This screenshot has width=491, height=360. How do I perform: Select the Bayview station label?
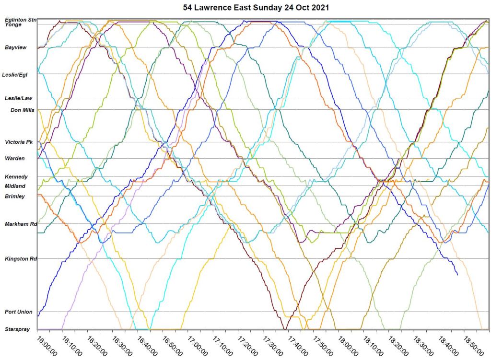16,47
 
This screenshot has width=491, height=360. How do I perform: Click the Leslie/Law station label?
18,98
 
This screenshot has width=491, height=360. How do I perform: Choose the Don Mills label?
23,110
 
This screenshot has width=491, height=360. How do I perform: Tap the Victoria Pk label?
18,142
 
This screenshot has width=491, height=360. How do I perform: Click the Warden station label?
15,158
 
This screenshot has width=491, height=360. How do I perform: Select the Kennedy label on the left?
16,177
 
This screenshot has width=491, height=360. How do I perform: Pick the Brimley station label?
15,196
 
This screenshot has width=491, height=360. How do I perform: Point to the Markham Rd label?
21,224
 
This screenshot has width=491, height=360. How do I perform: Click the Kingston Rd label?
21,259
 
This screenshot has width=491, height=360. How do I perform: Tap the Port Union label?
19,312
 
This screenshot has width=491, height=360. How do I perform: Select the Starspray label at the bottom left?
17,329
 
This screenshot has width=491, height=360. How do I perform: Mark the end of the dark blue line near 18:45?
457,275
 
